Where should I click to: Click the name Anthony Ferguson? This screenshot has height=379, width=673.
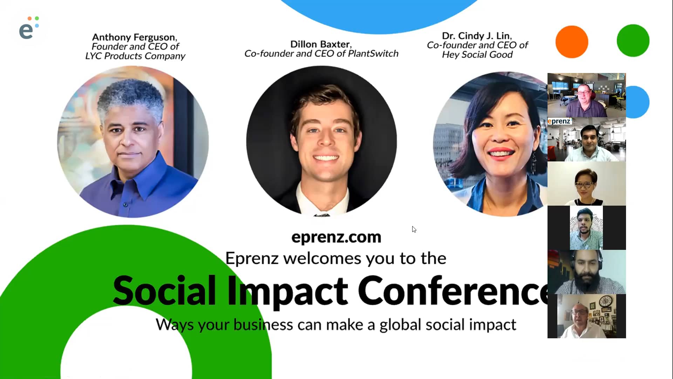coord(134,37)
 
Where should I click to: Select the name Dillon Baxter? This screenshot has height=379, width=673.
coord(320,44)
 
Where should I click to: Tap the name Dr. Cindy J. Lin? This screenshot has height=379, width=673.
coord(476,36)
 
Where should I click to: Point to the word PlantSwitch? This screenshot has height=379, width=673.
coord(373,54)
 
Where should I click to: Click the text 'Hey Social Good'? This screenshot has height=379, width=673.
coord(477,55)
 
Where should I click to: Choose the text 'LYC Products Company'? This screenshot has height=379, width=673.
coord(135,56)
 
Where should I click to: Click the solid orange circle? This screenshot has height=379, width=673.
coord(572,42)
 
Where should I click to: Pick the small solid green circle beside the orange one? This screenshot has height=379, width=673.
coord(633,40)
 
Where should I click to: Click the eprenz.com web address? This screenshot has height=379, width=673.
coord(336,237)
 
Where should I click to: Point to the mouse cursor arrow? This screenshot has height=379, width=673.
coord(414,229)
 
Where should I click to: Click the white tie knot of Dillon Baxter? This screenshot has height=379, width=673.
coord(321,214)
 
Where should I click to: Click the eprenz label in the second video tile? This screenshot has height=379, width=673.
coord(559,121)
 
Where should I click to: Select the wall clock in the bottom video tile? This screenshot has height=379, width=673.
coord(605,301)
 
